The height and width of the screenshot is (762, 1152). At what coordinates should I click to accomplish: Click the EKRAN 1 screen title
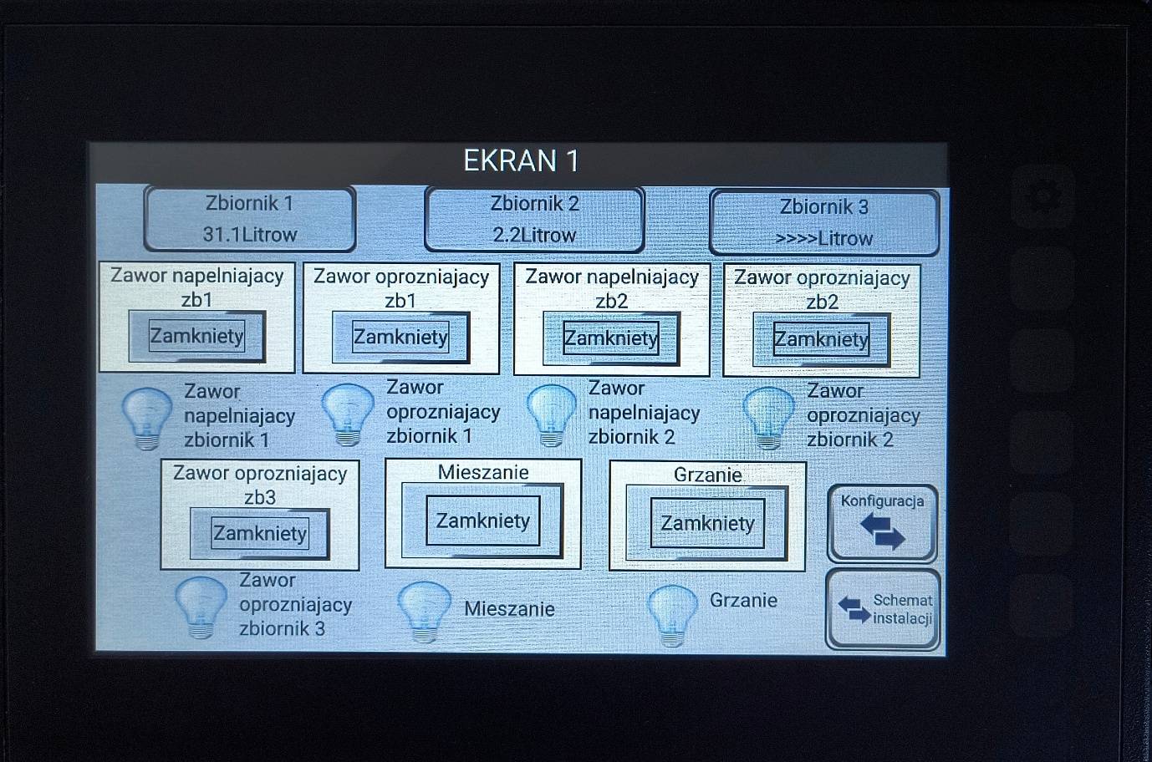[x=522, y=161]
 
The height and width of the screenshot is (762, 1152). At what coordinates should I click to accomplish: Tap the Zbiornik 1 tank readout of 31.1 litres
[x=250, y=219]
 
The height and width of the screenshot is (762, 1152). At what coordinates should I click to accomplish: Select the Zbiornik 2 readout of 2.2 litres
[x=534, y=220]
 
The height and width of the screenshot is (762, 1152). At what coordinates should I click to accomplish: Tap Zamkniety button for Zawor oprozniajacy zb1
[x=400, y=338]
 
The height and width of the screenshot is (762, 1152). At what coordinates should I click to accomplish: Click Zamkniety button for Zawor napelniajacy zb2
[x=611, y=338]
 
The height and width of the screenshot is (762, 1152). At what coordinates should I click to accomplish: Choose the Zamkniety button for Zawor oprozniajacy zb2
[x=821, y=339]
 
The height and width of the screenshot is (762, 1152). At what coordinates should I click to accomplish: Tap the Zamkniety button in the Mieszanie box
[x=482, y=521]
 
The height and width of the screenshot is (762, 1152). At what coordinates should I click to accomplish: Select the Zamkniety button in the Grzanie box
[x=707, y=523]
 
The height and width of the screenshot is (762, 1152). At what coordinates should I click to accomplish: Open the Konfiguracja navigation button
[x=883, y=523]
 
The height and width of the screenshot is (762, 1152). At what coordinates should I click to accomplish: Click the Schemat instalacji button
[x=883, y=609]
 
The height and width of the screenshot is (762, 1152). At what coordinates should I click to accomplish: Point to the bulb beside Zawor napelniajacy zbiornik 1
[x=147, y=419]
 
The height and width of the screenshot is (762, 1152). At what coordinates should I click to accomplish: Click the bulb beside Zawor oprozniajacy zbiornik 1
[x=348, y=414]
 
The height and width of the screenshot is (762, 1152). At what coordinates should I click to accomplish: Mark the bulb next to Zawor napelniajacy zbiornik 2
[x=551, y=415]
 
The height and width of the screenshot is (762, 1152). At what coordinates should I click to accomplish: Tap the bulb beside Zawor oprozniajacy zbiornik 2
[x=769, y=418]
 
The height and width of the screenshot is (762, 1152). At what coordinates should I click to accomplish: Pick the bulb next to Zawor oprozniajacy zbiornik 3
[x=201, y=607]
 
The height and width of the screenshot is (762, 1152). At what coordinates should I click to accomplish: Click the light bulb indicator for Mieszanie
[x=425, y=612]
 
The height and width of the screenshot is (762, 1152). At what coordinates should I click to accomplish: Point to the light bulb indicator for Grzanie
[x=672, y=616]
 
